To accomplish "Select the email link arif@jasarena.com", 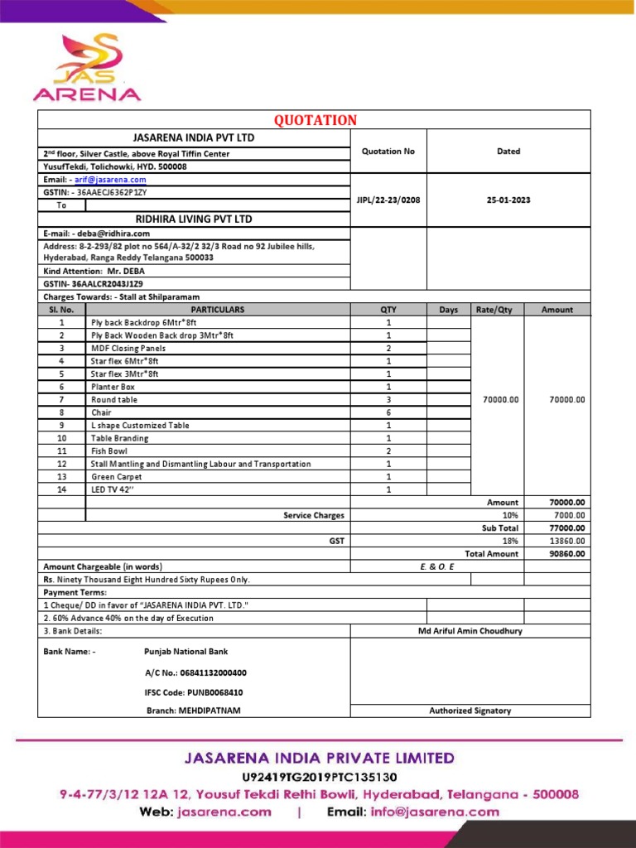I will pyautogui.click(x=110, y=180).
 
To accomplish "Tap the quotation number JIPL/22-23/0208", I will pyautogui.click(x=388, y=200).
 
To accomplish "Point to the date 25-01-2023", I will pyautogui.click(x=508, y=200).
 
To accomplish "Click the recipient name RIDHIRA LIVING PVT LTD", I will pyautogui.click(x=194, y=219).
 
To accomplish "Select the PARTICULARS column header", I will pyautogui.click(x=218, y=310).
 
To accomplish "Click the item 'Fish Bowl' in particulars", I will pyautogui.click(x=109, y=451).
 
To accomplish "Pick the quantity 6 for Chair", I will pyautogui.click(x=388, y=412).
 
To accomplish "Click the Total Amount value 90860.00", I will pyautogui.click(x=566, y=554).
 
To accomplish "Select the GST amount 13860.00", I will pyautogui.click(x=568, y=541).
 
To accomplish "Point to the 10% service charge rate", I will pyautogui.click(x=510, y=515).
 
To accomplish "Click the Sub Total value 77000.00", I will pyautogui.click(x=566, y=528).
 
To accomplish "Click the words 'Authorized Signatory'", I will pyautogui.click(x=470, y=711).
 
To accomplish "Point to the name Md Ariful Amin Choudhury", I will pyautogui.click(x=470, y=631).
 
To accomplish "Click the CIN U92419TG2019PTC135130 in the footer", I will pyautogui.click(x=320, y=777).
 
